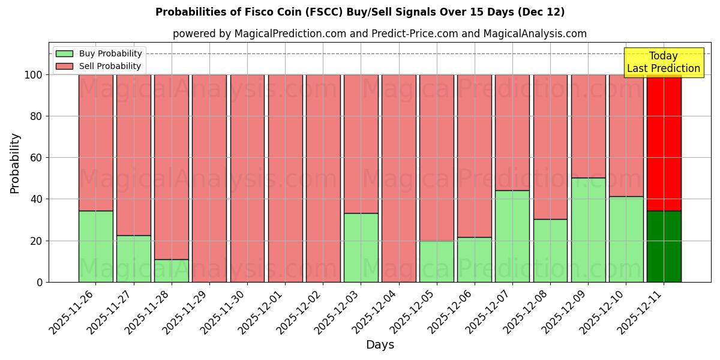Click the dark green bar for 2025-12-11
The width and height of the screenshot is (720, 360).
point(664,246)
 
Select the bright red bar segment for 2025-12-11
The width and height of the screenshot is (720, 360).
point(664,143)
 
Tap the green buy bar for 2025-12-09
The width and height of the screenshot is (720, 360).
point(588,230)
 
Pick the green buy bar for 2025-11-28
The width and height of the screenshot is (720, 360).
point(172,271)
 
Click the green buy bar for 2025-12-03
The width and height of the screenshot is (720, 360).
point(361,247)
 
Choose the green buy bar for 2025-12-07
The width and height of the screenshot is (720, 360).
point(512,236)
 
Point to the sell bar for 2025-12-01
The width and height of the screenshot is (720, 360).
point(285,178)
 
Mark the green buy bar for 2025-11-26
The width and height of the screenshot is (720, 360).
point(95,246)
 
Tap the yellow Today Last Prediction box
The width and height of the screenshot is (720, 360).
point(663,62)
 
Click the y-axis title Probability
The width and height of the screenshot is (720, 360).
point(15,163)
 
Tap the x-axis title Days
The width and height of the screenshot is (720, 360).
point(380,345)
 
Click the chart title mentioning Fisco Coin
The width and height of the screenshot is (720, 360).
point(360,12)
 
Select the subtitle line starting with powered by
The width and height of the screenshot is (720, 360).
point(379,34)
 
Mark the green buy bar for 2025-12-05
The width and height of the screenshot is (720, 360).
point(436,261)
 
